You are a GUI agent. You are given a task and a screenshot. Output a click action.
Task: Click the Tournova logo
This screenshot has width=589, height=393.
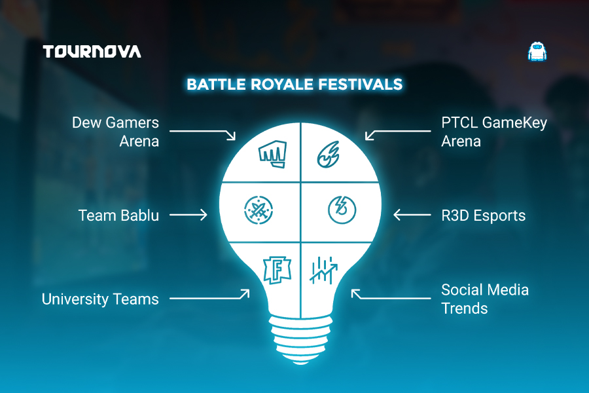pyautogui.click(x=92, y=52)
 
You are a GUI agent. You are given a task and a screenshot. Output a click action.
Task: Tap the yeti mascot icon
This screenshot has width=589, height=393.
pyautogui.click(x=537, y=52)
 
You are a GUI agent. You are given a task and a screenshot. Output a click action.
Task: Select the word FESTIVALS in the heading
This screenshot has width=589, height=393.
pyautogui.click(x=360, y=84)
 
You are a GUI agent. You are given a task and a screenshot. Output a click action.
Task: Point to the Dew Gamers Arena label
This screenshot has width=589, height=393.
pyautogui.click(x=115, y=132)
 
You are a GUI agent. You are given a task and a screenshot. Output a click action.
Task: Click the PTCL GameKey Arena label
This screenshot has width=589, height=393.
pyautogui.click(x=494, y=132)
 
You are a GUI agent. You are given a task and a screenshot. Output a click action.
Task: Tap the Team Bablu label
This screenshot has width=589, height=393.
pyautogui.click(x=118, y=215)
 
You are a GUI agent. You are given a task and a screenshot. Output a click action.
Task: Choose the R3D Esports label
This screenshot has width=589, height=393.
pyautogui.click(x=483, y=215)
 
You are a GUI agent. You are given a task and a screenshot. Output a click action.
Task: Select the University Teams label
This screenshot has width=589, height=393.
pyautogui.click(x=100, y=299)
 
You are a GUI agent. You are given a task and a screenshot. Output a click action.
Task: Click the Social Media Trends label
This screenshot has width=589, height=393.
pyautogui.click(x=484, y=299)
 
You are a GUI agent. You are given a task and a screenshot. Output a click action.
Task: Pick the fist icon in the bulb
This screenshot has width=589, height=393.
pyautogui.click(x=273, y=154)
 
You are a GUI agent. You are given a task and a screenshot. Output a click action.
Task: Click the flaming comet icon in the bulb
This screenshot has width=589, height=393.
pyautogui.click(x=329, y=154)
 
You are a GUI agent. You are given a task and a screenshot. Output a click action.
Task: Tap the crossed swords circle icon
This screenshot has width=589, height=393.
pyautogui.click(x=259, y=210)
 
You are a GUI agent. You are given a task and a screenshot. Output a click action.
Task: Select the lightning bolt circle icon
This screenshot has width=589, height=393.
pyautogui.click(x=342, y=210)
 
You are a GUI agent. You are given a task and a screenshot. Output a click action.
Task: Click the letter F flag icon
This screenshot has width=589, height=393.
pyautogui.click(x=277, y=270)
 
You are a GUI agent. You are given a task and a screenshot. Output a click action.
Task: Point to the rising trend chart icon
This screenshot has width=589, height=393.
pyautogui.click(x=323, y=270)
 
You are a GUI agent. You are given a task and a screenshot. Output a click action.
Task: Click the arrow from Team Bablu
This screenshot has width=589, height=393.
pyautogui.click(x=188, y=215)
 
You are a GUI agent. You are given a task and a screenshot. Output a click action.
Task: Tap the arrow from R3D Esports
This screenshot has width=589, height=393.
pyautogui.click(x=412, y=215)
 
